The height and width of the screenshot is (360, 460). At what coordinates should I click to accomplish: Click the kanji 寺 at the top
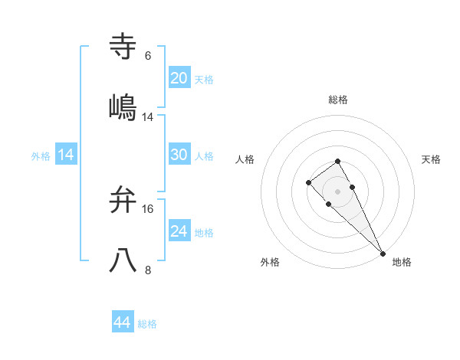click(123, 47)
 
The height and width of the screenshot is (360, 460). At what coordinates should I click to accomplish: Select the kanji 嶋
click(123, 107)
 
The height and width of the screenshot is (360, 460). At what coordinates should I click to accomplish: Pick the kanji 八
click(123, 260)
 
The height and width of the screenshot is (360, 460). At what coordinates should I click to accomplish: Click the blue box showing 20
click(179, 78)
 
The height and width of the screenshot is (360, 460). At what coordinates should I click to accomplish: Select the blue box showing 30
click(179, 155)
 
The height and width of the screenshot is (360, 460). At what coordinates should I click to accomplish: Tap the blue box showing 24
click(179, 231)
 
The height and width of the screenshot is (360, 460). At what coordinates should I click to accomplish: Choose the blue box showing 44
click(123, 322)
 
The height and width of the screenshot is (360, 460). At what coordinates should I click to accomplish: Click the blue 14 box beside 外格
click(66, 155)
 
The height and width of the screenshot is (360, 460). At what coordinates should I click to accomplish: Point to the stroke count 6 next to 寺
click(148, 56)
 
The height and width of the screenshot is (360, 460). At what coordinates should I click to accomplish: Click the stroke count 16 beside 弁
click(148, 208)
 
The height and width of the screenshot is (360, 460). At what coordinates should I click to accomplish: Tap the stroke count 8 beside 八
click(148, 270)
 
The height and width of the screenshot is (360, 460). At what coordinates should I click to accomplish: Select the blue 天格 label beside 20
click(204, 80)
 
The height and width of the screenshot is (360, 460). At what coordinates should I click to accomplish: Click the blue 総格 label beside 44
click(147, 324)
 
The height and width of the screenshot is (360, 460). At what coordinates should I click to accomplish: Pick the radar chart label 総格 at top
click(338, 100)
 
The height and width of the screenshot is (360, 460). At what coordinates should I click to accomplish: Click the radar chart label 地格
click(402, 262)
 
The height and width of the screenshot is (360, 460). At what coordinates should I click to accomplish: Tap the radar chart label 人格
click(245, 159)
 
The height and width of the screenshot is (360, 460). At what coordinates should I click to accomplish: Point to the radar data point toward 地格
click(382, 253)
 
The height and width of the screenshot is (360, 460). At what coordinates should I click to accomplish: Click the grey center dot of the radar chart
click(337, 191)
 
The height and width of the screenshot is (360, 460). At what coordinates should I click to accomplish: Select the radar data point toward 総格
click(337, 161)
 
